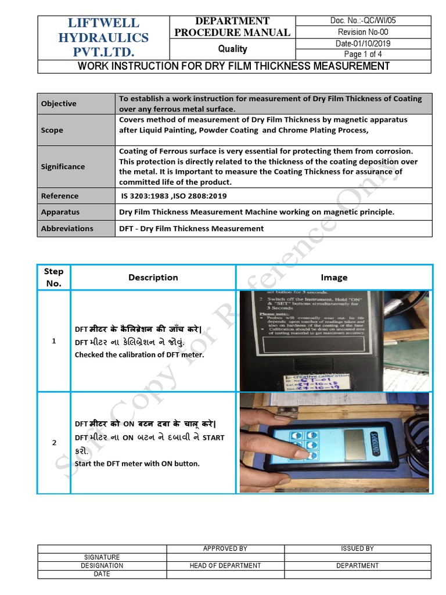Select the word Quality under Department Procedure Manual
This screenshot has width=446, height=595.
[232, 49]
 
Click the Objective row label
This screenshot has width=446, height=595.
[59, 103]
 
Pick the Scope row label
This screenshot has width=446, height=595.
[52, 130]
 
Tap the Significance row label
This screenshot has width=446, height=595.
[63, 166]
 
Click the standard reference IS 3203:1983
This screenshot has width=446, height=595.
[142, 196]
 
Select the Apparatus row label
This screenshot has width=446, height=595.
[60, 212]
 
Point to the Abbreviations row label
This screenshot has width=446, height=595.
[67, 228]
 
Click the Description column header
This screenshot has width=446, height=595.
[153, 278]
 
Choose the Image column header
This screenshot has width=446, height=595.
[334, 278]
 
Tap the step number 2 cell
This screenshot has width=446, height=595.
[54, 443]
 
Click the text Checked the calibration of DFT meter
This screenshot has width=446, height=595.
[139, 354]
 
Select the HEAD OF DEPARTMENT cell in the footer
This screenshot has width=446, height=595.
[225, 565]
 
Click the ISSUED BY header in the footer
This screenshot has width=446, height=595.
[357, 549]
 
